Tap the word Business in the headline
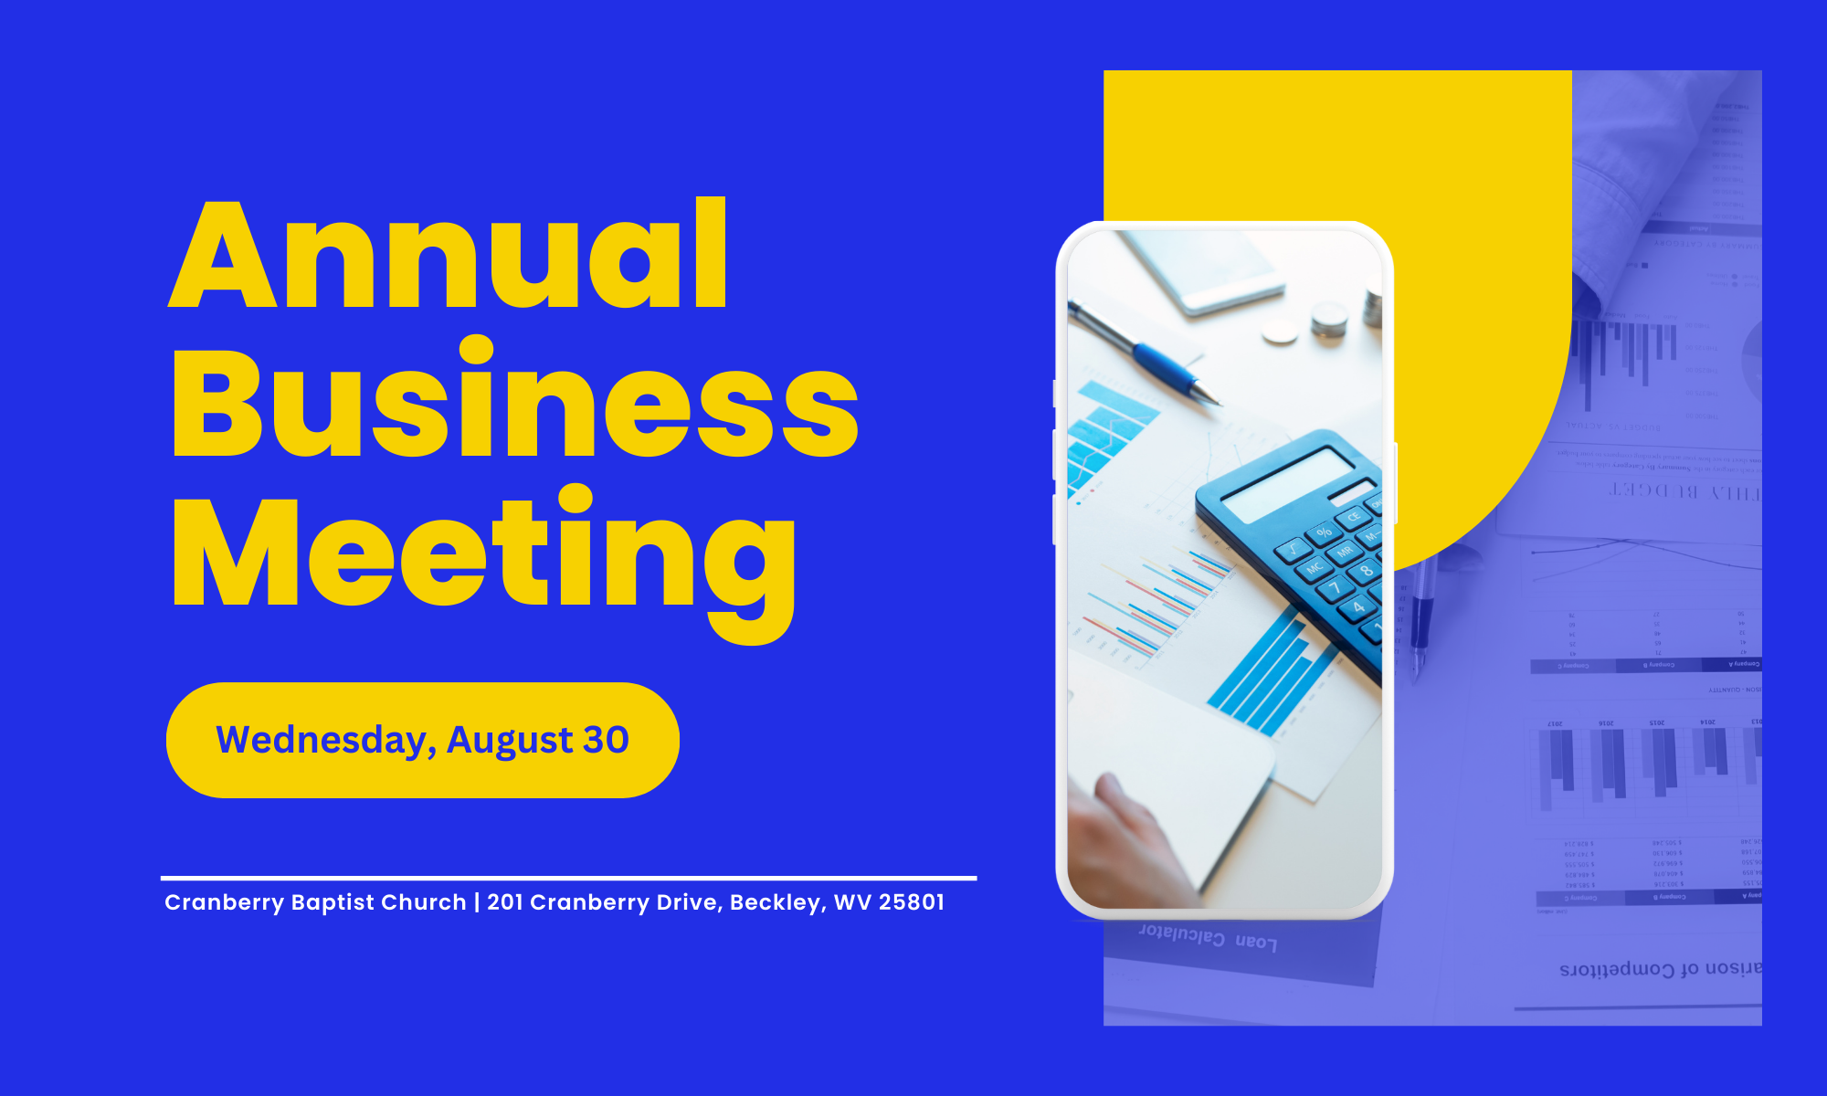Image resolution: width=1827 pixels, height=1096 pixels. click(x=514, y=402)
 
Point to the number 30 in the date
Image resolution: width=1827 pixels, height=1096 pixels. click(x=607, y=740)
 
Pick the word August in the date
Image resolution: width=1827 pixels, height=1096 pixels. click(x=510, y=741)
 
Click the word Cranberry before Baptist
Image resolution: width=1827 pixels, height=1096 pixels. click(x=224, y=902)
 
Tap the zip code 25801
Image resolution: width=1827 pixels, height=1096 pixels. click(x=911, y=902)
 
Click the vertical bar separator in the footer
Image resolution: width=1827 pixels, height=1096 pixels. click(x=477, y=902)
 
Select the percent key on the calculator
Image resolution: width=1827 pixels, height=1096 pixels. click(x=1324, y=532)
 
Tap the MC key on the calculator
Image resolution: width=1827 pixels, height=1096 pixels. click(x=1315, y=568)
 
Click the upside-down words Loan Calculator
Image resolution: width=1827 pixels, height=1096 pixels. click(x=1207, y=938)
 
